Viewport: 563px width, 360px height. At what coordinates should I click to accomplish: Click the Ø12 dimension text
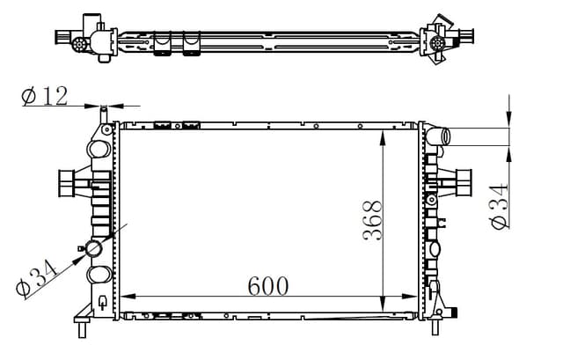[44, 96]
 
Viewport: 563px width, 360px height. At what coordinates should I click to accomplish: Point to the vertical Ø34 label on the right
[500, 206]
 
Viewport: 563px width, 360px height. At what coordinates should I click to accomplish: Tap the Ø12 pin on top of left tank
[104, 115]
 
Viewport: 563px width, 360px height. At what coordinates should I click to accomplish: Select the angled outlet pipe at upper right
[439, 136]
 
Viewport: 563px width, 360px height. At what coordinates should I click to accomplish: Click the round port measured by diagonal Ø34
[94, 250]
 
